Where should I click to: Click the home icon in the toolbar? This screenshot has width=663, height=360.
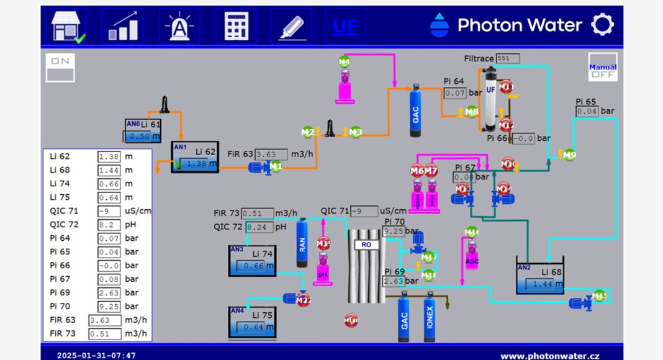click(67, 26)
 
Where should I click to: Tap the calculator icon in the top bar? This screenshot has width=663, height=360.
click(236, 26)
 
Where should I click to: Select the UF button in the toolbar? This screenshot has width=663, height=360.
click(345, 26)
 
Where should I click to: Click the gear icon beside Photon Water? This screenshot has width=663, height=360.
click(602, 25)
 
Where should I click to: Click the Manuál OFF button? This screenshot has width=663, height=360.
click(602, 67)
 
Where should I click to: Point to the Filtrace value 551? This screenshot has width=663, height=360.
click(507, 58)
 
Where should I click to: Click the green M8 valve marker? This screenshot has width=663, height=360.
click(472, 112)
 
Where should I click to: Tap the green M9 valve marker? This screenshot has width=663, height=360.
click(569, 155)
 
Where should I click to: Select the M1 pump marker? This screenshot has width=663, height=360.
click(275, 166)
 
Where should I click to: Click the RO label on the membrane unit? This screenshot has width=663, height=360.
click(366, 245)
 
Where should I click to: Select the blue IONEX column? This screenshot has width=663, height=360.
click(430, 318)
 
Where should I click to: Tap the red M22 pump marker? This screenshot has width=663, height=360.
click(303, 301)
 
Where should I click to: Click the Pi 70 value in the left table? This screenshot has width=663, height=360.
click(109, 307)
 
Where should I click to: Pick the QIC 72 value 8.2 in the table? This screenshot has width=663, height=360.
click(109, 225)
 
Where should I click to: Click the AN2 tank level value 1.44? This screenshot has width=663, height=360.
click(543, 284)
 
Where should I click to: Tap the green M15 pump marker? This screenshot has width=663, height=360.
click(599, 296)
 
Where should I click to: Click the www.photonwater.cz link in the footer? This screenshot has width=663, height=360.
click(550, 356)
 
